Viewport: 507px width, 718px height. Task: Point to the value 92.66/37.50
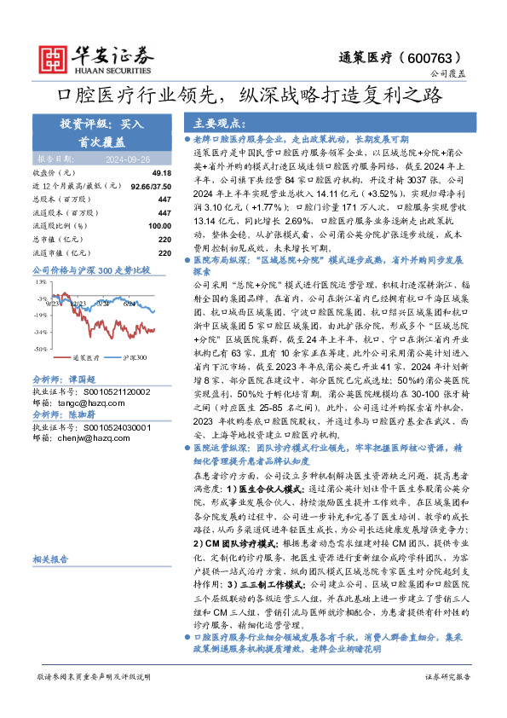tap(147, 185)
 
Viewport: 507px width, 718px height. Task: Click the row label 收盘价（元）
tap(55, 173)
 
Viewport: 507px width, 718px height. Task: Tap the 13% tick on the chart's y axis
tap(41, 281)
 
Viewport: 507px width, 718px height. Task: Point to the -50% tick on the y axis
tap(40, 350)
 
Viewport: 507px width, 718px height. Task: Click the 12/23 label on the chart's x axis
tap(79, 302)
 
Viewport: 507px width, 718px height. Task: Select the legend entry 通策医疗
tap(86, 357)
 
